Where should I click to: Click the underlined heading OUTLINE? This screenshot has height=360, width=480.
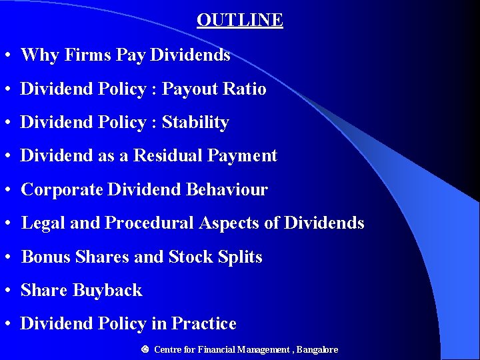click(240, 21)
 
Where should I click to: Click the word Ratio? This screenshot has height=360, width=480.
click(246, 89)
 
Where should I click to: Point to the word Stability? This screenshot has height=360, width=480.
click(195, 123)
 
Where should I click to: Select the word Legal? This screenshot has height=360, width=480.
click(43, 223)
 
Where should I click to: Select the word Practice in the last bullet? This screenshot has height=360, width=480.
click(204, 324)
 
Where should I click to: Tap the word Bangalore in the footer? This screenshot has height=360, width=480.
click(317, 349)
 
